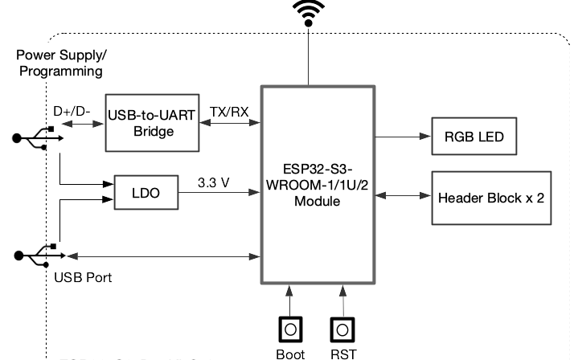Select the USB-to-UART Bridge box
click(x=152, y=124)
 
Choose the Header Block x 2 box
click(x=491, y=197)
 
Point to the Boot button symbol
click(x=290, y=330)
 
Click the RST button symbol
click(x=343, y=330)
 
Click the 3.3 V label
click(x=213, y=182)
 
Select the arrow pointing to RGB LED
click(x=402, y=137)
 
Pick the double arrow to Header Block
click(x=402, y=197)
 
